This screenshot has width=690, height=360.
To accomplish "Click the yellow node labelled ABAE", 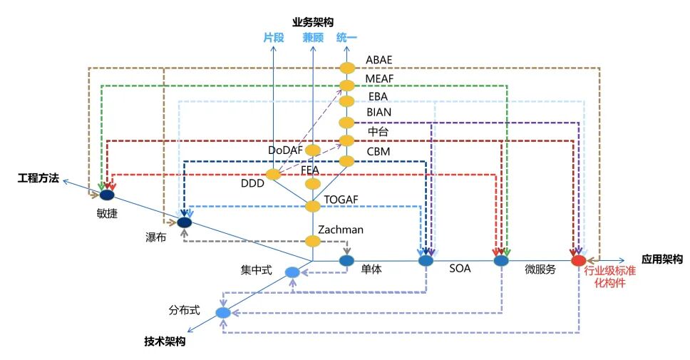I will click(347, 68).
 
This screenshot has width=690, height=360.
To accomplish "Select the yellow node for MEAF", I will click(347, 86).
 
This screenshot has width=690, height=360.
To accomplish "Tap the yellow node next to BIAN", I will click(347, 122).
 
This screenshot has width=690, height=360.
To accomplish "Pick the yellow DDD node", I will click(273, 175).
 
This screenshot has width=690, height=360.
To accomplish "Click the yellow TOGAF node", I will click(313, 206).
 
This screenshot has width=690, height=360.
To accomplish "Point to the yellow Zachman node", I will click(313, 241).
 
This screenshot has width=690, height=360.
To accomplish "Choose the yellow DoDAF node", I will click(313, 150).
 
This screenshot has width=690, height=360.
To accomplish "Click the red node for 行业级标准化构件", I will click(579, 261).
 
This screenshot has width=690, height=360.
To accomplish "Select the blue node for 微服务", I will click(501, 261).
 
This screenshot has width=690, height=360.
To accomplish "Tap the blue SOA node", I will click(426, 261).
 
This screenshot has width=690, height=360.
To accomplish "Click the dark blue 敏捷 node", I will click(107, 195).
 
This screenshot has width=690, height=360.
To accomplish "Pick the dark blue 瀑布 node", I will click(185, 222).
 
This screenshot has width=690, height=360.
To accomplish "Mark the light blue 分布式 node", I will click(223, 313).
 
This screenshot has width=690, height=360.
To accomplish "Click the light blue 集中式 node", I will click(292, 272).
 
